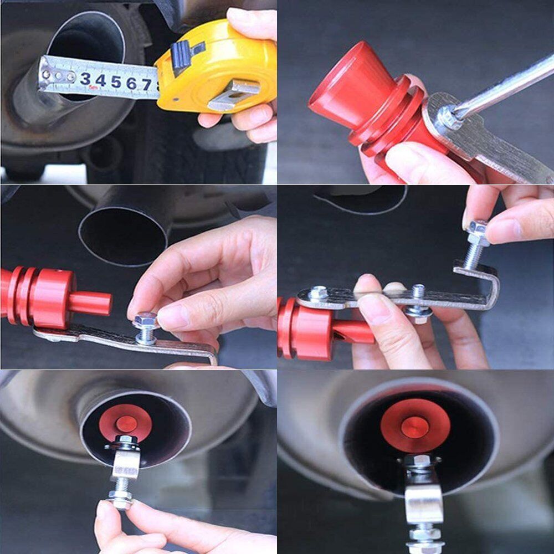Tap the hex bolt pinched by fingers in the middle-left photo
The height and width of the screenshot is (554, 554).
pyautogui.click(x=146, y=321)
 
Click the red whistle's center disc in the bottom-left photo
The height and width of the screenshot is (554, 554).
pyautogui.click(x=126, y=423)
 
